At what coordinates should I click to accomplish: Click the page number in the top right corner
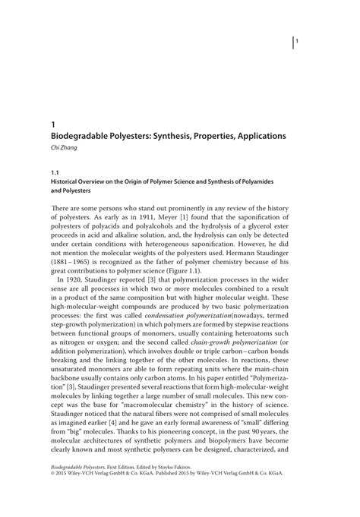coord(298,42)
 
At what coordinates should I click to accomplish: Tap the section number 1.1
coord(55,173)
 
